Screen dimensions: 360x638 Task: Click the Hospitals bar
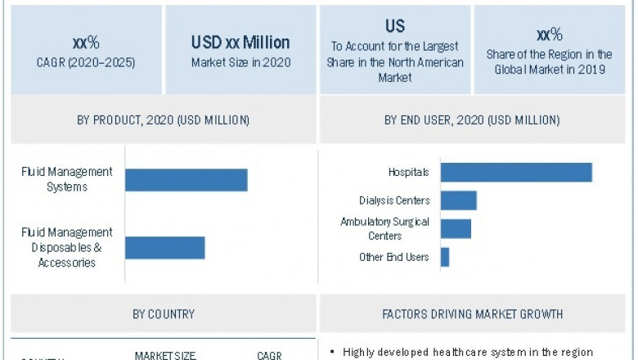coord(516,173)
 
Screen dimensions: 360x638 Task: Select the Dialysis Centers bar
coord(458,200)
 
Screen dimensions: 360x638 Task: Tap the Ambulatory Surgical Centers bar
coord(456,228)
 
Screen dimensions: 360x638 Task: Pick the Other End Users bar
coord(445,257)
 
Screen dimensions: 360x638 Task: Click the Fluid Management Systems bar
coord(186,179)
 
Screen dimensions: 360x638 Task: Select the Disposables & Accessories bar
coord(164,248)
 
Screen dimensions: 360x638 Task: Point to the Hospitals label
coord(409,173)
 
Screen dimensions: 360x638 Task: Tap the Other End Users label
coord(394,257)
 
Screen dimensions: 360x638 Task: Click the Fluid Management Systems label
coord(67,179)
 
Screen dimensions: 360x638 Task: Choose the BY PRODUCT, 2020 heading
coord(164,120)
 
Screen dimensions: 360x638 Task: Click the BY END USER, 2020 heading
coord(472,120)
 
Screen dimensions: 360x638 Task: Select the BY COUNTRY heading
coord(164,313)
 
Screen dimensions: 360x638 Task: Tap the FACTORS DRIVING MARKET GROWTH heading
coord(473,313)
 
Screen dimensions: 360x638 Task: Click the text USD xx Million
coord(240,43)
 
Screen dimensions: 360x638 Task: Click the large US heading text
coord(395,26)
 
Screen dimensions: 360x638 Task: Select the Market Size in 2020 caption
coord(240,61)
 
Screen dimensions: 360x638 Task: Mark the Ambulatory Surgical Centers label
coord(384,228)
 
